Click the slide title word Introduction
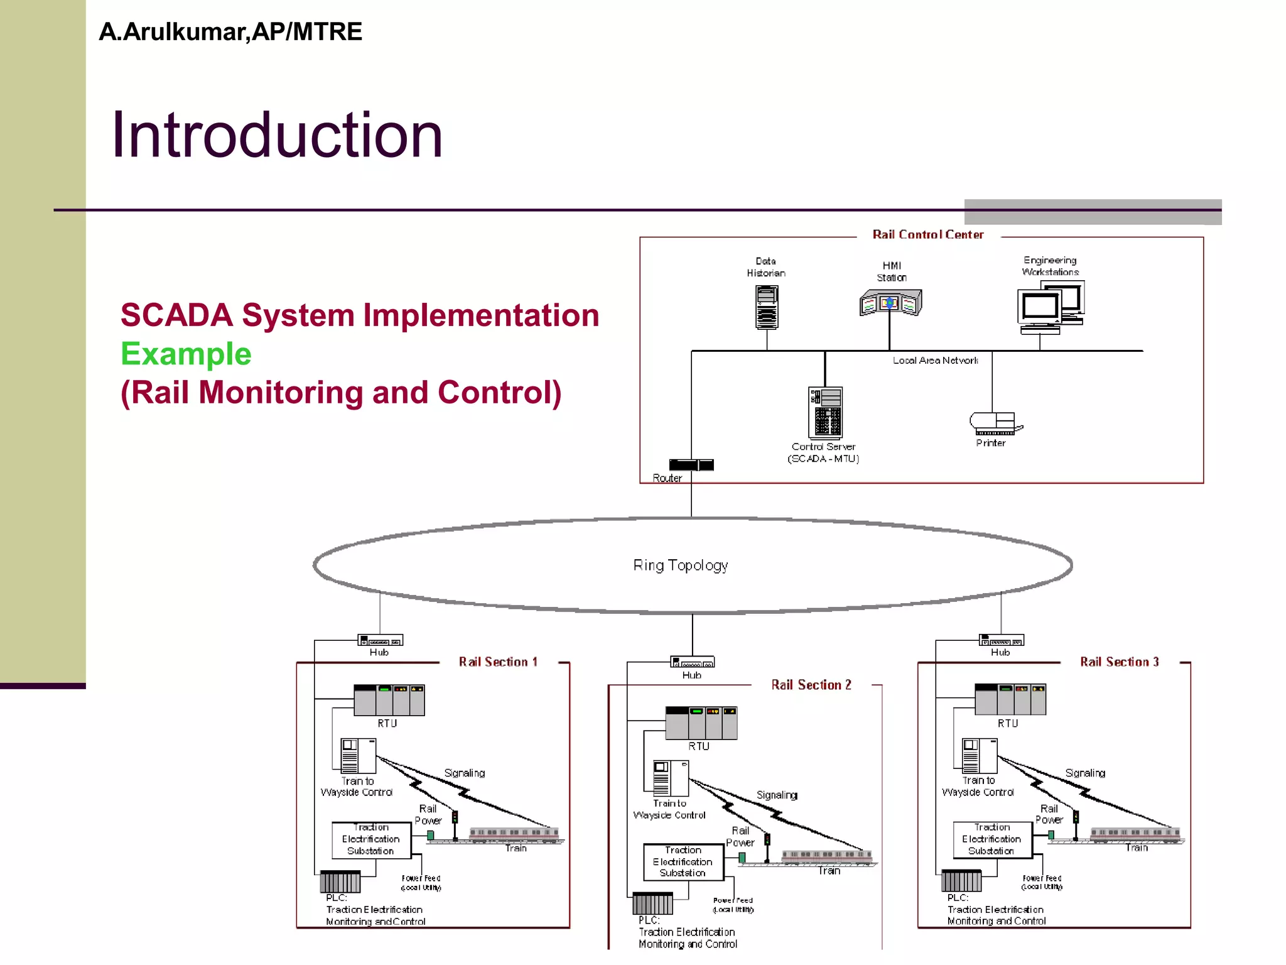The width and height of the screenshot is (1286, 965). pyautogui.click(x=277, y=135)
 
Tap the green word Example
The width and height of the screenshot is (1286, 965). pyautogui.click(x=186, y=354)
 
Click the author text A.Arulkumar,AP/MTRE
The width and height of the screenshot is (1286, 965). pyautogui.click(x=230, y=32)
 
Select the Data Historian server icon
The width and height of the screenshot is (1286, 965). pyautogui.click(x=767, y=307)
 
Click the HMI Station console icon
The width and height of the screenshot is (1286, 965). pyautogui.click(x=890, y=303)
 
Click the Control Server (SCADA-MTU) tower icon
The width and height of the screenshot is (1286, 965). pyautogui.click(x=825, y=412)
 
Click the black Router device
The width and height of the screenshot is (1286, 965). pyautogui.click(x=691, y=465)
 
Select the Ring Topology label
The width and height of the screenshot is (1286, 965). pyautogui.click(x=681, y=565)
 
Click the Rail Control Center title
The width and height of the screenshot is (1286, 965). pyautogui.click(x=927, y=234)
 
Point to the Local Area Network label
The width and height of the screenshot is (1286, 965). pyautogui.click(x=935, y=361)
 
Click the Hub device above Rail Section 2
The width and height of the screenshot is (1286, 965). pyautogui.click(x=693, y=662)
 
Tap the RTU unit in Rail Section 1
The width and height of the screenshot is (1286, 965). pyautogui.click(x=389, y=700)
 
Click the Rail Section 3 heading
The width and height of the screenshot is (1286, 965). pyautogui.click(x=1119, y=662)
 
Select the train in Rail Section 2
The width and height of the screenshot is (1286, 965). pyautogui.click(x=826, y=856)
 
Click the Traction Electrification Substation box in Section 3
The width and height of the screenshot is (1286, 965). pyautogui.click(x=992, y=839)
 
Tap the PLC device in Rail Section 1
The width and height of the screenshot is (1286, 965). pyautogui.click(x=340, y=881)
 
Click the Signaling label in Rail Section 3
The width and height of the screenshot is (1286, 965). pyautogui.click(x=1085, y=773)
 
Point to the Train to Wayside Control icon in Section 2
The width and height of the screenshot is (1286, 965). pyautogui.click(x=671, y=778)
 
